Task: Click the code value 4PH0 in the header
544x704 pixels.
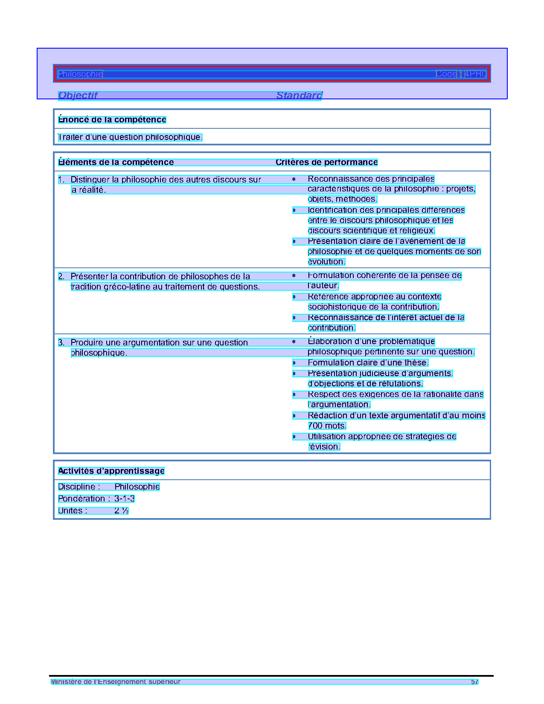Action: [x=475, y=74]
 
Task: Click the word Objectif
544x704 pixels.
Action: [x=78, y=96]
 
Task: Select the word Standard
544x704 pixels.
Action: [x=299, y=96]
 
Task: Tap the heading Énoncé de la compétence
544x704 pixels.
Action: [x=112, y=120]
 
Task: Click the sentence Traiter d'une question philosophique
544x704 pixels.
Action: [x=130, y=137]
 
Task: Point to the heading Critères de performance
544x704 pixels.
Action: [x=326, y=162]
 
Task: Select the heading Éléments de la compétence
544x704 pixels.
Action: [x=116, y=162]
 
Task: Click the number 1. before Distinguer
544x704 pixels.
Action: [x=61, y=180]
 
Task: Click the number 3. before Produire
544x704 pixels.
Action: [x=61, y=343]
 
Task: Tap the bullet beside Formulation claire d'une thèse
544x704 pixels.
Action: [x=294, y=363]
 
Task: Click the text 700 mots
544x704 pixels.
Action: [x=327, y=426]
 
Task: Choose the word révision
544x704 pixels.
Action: [x=324, y=447]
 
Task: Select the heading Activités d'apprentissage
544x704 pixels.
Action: [x=111, y=471]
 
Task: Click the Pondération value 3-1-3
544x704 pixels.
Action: [x=124, y=499]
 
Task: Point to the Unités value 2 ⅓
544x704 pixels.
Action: [x=121, y=511]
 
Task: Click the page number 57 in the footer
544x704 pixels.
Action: [x=474, y=682]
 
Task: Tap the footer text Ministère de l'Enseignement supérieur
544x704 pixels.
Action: [x=116, y=682]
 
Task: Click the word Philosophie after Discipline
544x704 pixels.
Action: [x=137, y=487]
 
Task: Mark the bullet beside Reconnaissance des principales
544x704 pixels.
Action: [x=294, y=180]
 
